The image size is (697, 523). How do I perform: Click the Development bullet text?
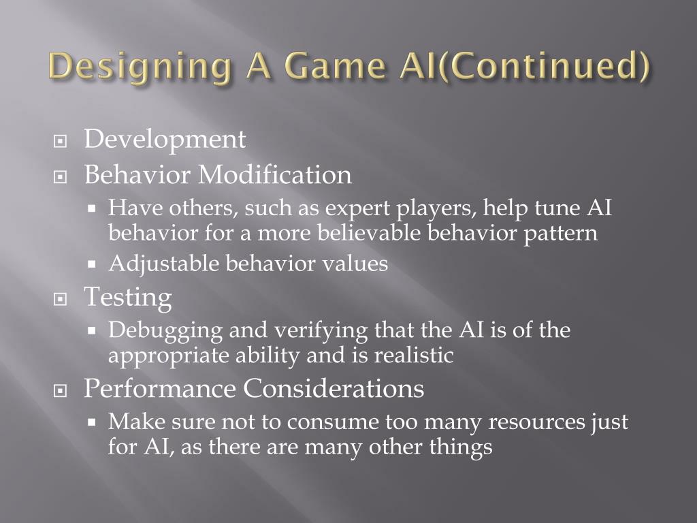pos(165,140)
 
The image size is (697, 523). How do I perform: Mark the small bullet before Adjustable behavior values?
pos(95,264)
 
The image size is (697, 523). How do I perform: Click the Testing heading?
pos(127,298)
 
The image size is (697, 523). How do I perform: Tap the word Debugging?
pos(165,331)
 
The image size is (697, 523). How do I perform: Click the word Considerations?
pos(334,389)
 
